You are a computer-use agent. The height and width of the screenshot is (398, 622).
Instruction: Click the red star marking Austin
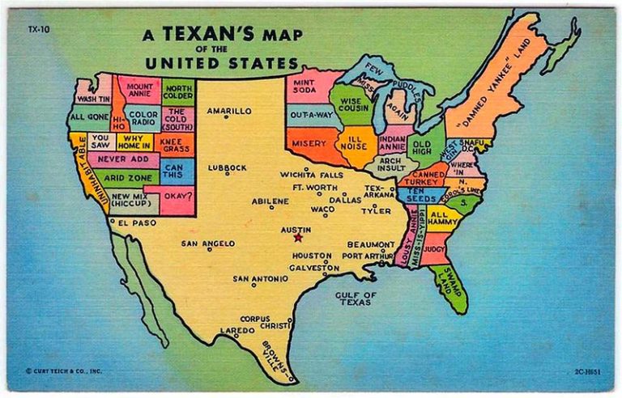(x=298, y=237)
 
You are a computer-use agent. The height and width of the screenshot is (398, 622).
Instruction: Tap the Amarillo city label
(x=229, y=110)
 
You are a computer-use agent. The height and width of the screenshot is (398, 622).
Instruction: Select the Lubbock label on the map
(x=227, y=167)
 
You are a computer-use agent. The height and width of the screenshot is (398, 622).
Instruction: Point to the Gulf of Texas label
(x=356, y=298)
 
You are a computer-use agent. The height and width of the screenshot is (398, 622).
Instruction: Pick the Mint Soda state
(x=305, y=85)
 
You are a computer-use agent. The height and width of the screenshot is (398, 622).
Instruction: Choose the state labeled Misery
(x=309, y=143)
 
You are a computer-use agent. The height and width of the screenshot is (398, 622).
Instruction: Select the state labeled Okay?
(x=177, y=195)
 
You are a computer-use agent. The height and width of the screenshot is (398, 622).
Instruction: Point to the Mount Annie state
(x=139, y=88)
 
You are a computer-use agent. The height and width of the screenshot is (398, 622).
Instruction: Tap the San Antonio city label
(x=260, y=278)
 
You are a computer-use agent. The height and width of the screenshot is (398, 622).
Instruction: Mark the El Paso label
(x=135, y=222)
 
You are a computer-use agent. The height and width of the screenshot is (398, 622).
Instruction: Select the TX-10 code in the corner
(x=37, y=29)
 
